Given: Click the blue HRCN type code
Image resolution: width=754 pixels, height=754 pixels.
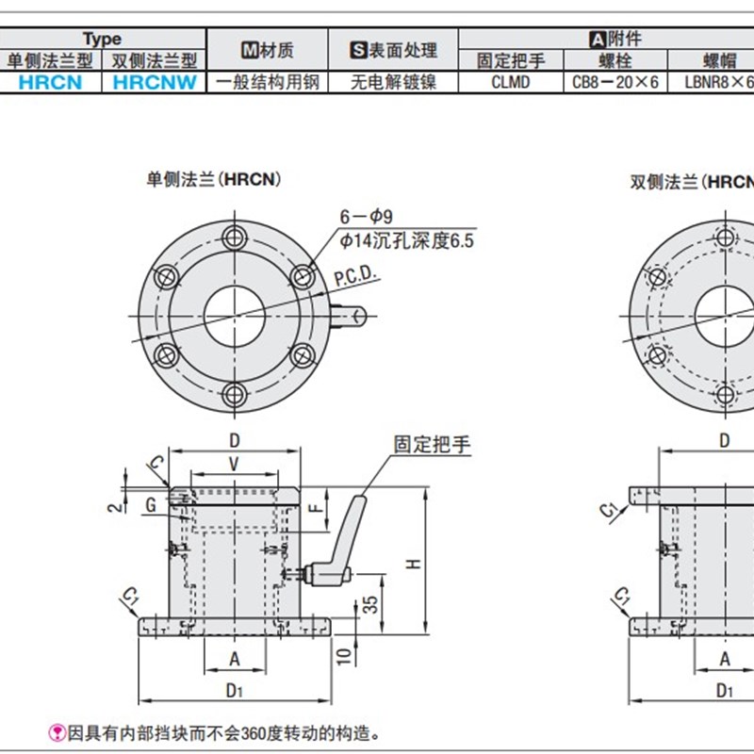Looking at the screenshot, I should [x=50, y=82].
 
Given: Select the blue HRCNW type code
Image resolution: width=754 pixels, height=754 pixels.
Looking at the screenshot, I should [x=154, y=82].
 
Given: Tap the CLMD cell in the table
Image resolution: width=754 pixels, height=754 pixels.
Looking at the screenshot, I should [x=510, y=82].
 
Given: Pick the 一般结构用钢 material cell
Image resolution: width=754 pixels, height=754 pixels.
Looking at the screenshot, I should [x=267, y=82].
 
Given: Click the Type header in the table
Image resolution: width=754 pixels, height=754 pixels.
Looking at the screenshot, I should [x=102, y=39].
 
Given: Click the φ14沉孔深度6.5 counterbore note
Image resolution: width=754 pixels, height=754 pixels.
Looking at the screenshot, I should [x=406, y=241].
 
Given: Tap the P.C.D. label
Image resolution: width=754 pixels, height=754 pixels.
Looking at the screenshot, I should [x=354, y=275].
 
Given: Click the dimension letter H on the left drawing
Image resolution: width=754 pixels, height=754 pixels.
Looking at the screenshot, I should [x=413, y=563].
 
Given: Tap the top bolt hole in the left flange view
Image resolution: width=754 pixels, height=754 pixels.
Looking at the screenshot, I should [x=233, y=236].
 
